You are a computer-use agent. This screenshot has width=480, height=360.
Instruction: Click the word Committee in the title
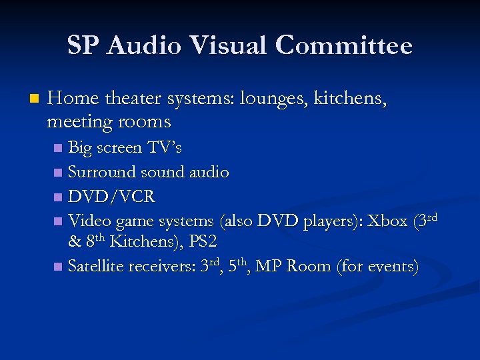[344, 46]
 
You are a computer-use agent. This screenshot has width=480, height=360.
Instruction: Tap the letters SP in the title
[83, 46]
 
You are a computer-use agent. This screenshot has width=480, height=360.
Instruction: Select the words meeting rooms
[109, 122]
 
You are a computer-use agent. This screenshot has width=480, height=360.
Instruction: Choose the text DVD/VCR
[111, 196]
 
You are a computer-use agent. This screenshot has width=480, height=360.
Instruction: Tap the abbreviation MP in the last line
[269, 266]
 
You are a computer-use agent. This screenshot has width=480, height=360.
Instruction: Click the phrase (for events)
[378, 266]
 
